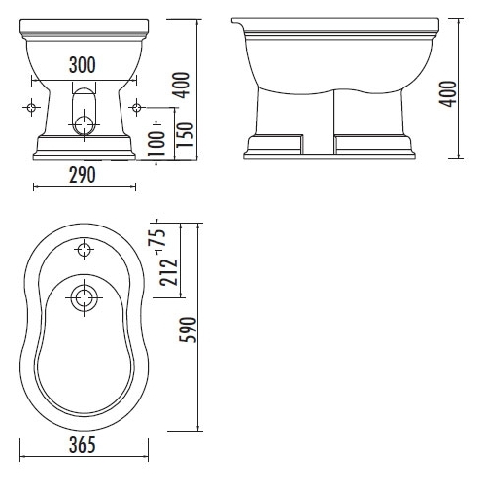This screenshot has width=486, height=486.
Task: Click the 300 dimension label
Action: (x=83, y=65)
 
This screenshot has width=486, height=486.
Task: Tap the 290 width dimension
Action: (x=83, y=175)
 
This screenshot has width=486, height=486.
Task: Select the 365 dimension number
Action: (x=83, y=445)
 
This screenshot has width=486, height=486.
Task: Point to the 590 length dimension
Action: (x=188, y=330)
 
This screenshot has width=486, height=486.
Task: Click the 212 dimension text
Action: (x=168, y=273)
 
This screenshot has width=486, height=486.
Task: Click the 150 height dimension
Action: (x=185, y=135)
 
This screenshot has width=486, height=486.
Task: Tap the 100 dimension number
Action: (x=156, y=144)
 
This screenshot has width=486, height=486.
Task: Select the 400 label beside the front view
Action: (x=181, y=86)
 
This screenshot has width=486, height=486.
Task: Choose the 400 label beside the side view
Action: (x=448, y=93)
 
